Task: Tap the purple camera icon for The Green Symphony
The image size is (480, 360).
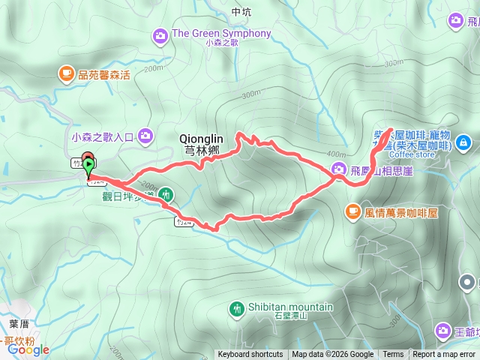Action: click(x=160, y=34)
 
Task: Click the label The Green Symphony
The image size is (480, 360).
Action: click(x=221, y=34)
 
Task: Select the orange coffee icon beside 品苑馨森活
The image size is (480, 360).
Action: click(x=66, y=73)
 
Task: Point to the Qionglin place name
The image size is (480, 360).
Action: click(x=202, y=139)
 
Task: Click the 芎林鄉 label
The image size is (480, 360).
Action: click(x=201, y=148)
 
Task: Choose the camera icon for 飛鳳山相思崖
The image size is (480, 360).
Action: click(x=339, y=169)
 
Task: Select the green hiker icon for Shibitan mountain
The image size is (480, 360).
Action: click(x=238, y=307)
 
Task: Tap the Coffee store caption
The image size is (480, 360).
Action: click(x=412, y=155)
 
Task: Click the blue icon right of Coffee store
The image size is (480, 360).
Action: click(x=463, y=141)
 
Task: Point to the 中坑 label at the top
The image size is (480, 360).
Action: click(x=241, y=12)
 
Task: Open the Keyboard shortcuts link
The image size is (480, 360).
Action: click(x=250, y=355)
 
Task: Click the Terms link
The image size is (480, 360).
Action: click(x=393, y=355)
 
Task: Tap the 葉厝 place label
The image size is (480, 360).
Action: click(x=19, y=324)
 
